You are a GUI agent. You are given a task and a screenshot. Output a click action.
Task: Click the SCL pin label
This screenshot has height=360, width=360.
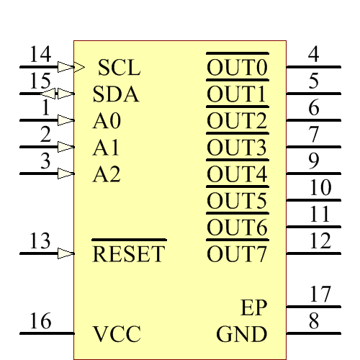(x=119, y=68)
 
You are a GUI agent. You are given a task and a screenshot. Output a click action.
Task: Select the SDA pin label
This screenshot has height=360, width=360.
(x=116, y=94)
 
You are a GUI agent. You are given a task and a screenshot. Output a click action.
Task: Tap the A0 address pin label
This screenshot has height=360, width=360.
(x=106, y=120)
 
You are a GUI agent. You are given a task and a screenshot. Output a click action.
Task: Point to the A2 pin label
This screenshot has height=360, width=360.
(x=106, y=174)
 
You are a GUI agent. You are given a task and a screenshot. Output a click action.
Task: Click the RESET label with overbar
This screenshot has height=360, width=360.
(x=129, y=253)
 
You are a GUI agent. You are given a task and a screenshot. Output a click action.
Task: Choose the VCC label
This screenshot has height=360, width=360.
(x=117, y=334)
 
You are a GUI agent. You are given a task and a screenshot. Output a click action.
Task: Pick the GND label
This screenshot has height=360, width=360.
(x=242, y=334)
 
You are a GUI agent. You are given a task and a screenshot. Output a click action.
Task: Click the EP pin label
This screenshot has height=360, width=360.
(x=254, y=307)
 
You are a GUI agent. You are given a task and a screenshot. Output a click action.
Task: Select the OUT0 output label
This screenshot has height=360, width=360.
(x=238, y=68)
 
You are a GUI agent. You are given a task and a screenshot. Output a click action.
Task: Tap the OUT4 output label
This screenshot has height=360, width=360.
(x=238, y=174)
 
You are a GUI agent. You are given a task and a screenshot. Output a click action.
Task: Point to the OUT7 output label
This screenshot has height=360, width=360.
(x=238, y=254)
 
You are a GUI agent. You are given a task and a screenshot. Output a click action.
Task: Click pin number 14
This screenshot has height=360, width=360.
(x=41, y=54)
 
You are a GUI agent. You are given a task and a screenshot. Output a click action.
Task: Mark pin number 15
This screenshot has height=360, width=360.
(x=41, y=81)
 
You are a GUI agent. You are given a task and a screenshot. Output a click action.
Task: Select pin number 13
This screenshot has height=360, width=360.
(x=41, y=240)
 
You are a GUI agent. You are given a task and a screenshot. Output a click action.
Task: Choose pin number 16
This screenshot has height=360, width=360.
(x=41, y=320)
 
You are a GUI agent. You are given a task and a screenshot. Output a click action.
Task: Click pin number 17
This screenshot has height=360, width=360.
(x=320, y=294)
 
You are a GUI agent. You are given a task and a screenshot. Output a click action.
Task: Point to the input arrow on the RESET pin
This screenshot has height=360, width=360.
(x=66, y=253)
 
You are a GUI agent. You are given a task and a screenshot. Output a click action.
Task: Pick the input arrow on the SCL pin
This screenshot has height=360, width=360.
(x=66, y=67)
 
